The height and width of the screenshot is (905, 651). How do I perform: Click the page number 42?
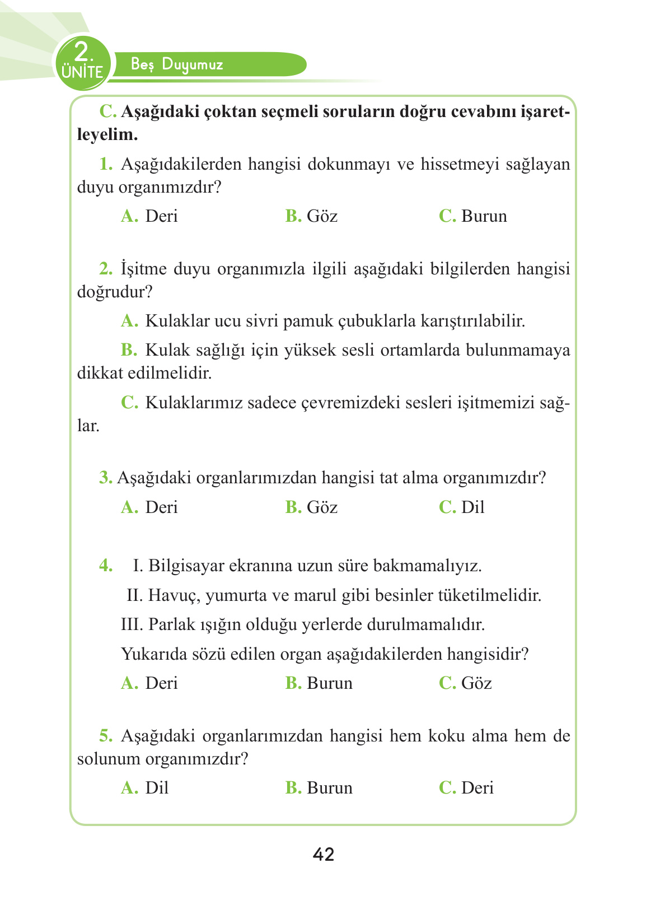coord(324,854)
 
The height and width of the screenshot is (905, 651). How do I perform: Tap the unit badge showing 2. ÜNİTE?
coord(82,62)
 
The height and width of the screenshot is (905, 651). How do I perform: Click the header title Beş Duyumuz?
coord(177,64)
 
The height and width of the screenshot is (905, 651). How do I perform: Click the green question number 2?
coord(105,269)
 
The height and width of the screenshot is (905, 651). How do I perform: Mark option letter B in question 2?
coord(129,350)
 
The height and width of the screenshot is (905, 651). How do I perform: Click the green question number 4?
coord(105,566)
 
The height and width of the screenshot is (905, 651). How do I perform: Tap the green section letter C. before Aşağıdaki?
coord(107,111)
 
